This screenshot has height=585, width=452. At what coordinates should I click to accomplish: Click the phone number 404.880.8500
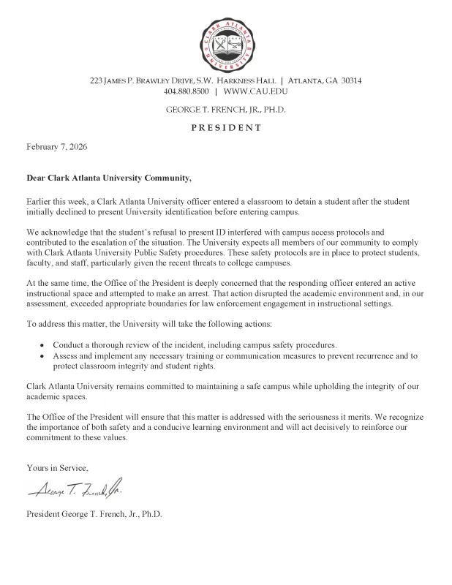[x=187, y=92]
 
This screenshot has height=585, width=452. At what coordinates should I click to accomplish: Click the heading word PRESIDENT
[x=226, y=127]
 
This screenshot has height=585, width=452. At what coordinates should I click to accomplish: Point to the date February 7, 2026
[x=57, y=147]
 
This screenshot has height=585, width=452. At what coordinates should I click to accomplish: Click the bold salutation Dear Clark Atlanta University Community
[x=109, y=178]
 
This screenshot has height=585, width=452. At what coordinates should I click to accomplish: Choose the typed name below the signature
[x=94, y=513]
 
